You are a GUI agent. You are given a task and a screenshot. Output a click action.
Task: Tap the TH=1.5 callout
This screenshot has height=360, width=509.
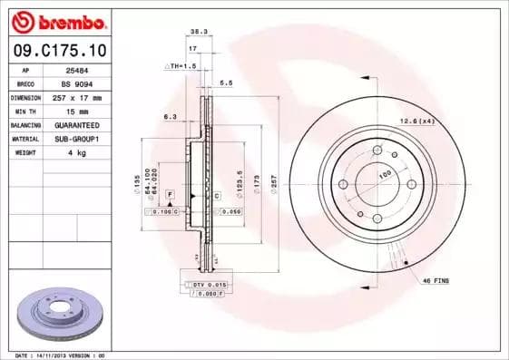[181, 66]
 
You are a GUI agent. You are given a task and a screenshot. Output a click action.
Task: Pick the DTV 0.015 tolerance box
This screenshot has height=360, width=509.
[207, 286]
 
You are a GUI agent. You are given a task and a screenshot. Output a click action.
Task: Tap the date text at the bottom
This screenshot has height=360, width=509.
[62, 355]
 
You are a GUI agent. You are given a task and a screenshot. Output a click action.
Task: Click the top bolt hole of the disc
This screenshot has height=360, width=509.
[377, 152]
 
